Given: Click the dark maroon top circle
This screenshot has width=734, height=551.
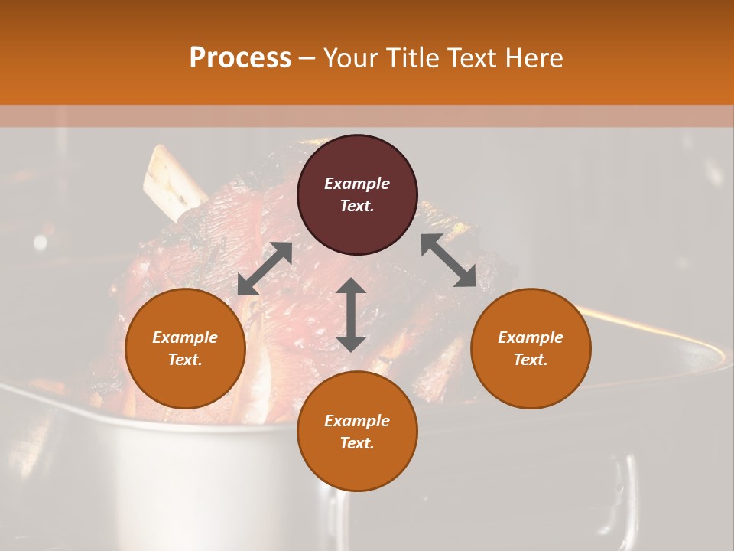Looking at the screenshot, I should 357,195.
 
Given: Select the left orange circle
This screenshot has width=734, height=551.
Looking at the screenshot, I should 185,348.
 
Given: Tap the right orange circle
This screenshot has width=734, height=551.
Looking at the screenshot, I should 531,348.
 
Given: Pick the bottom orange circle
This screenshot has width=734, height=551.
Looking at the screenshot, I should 357,432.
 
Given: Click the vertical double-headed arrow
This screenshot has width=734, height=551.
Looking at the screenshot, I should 351,315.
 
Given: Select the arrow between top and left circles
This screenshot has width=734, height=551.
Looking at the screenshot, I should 265,269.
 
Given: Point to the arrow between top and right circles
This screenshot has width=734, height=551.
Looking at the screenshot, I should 448,261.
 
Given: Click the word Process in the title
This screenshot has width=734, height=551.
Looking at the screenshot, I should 240,58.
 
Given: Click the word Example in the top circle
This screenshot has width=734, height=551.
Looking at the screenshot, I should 357,184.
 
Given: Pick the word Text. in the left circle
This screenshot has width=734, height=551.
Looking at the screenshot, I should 185,360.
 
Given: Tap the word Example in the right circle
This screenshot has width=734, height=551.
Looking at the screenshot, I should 531,337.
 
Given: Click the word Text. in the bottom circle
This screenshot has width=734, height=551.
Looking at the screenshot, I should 357,443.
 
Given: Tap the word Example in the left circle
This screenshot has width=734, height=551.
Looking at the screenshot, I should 185,337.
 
